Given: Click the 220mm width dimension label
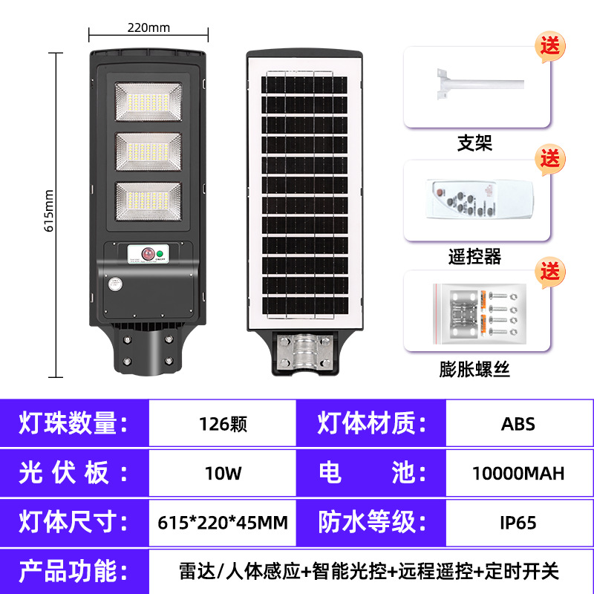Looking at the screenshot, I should click(148, 28).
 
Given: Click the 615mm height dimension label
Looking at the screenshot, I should click(50, 210).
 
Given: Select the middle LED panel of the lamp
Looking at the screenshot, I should click(148, 154).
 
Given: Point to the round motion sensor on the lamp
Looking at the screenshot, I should click(116, 284).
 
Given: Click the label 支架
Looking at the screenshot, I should click(474, 143).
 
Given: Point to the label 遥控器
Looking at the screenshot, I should click(474, 257).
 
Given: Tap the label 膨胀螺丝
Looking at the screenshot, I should click(474, 369).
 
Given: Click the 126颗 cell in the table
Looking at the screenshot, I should click(222, 425).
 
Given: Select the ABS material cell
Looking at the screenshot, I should click(518, 425).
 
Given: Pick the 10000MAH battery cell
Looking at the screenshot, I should click(518, 473).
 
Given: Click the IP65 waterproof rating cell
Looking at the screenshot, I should click(518, 522).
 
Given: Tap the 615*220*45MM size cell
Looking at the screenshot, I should click(222, 522).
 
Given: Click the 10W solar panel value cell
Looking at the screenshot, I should click(222, 473).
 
